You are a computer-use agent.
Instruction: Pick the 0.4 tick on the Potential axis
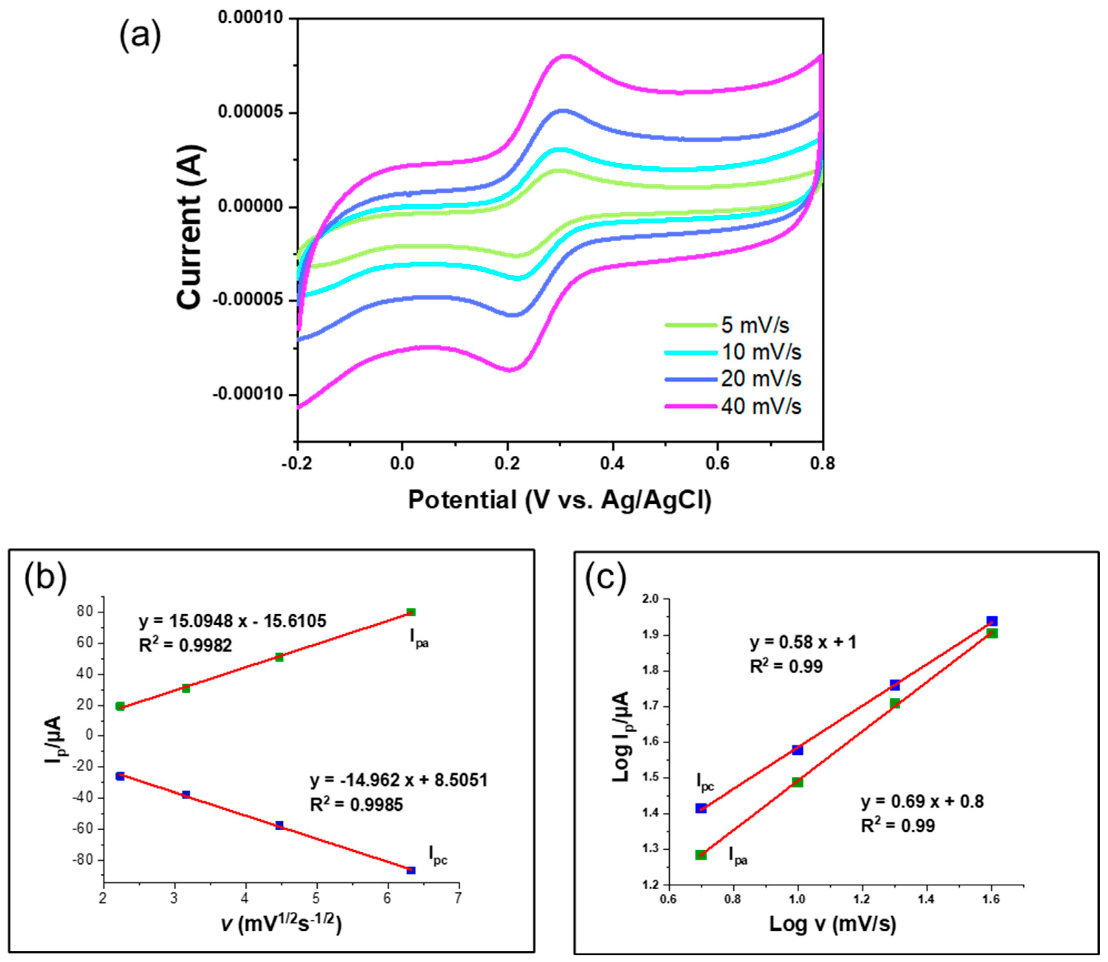pos(612,463)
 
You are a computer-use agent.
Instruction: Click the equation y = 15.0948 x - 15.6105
pos(233,621)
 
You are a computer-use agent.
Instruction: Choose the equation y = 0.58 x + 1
pos(803,642)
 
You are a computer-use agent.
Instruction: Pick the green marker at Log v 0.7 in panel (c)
pos(701,855)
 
